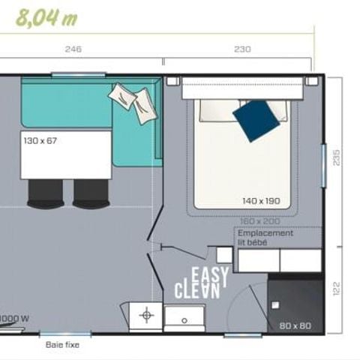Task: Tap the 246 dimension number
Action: pos(72,50)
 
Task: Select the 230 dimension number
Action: pos(242,50)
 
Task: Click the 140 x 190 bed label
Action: pos(261,201)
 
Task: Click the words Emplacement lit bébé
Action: pos(266,238)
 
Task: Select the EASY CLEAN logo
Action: pos(199,283)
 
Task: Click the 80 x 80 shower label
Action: pos(295,326)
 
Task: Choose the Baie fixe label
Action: pos(62,345)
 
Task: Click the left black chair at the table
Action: pos(43,193)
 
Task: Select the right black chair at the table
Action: pos(91,193)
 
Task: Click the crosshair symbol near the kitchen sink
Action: pos(146,315)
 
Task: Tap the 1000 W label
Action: pos(15,318)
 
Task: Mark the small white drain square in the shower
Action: pos(276,304)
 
